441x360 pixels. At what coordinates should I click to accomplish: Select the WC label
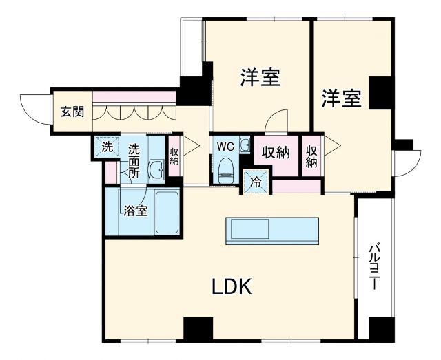(x=225, y=147)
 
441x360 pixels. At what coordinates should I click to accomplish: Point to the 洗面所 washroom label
(x=134, y=160)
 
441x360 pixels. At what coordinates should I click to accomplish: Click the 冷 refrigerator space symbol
(x=256, y=182)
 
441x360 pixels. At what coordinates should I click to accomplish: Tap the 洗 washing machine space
(x=106, y=147)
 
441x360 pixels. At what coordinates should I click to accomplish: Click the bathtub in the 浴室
(x=167, y=212)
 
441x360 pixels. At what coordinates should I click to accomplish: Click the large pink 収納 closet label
(x=274, y=153)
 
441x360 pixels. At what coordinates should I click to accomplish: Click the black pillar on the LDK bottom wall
(x=198, y=328)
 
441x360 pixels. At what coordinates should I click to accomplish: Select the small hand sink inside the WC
(x=245, y=145)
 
